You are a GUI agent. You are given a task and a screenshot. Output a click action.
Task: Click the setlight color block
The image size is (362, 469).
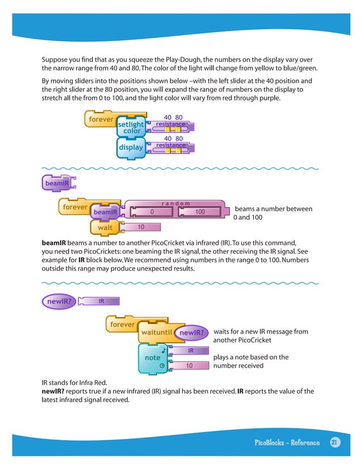click(x=131, y=127)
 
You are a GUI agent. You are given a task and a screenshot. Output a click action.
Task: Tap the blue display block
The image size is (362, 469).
click(x=130, y=148)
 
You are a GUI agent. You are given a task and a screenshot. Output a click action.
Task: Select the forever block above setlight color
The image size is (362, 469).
click(x=99, y=120)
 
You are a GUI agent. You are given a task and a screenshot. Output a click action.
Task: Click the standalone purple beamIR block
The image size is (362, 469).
click(x=56, y=183)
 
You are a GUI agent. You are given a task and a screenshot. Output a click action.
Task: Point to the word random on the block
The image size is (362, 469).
click(x=175, y=203)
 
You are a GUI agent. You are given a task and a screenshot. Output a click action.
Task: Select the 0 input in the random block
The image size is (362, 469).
click(x=152, y=212)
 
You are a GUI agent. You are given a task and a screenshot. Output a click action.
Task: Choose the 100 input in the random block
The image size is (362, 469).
click(x=199, y=212)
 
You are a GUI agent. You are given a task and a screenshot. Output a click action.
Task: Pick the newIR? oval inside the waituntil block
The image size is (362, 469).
click(x=191, y=332)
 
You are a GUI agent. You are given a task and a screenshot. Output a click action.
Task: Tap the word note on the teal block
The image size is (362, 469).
click(x=152, y=358)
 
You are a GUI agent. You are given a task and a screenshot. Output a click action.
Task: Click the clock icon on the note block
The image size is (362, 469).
click(x=162, y=366)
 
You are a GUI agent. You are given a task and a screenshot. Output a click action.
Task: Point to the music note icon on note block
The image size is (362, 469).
click(x=163, y=350)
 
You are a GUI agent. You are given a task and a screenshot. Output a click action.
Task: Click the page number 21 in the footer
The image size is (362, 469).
click(x=334, y=443)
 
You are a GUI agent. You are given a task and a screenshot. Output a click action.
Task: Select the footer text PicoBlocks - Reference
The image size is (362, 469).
click(x=287, y=443)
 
